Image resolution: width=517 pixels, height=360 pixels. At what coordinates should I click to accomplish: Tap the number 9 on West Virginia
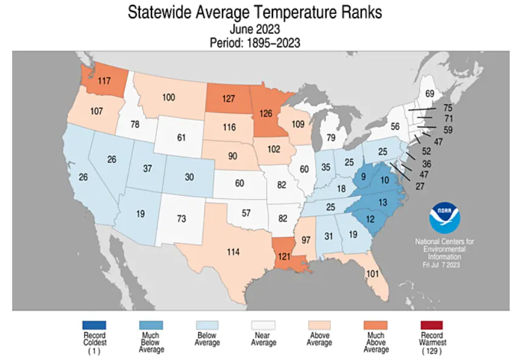point(363,178)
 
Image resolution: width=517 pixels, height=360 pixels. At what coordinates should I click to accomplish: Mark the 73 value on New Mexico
point(181,218)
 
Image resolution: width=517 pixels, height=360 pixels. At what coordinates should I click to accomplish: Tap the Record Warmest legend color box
point(431,325)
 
